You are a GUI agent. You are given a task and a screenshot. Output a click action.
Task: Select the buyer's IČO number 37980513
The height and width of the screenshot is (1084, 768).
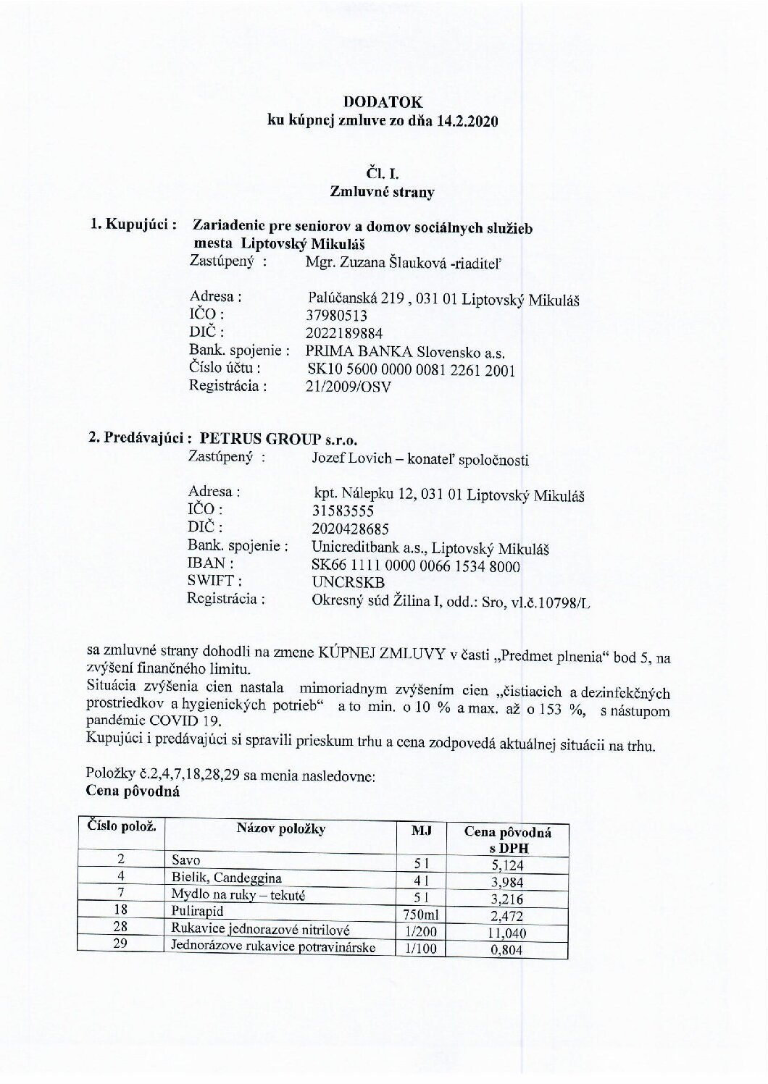click(338, 316)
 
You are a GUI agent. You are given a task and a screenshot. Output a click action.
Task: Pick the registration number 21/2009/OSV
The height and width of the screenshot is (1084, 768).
click(349, 387)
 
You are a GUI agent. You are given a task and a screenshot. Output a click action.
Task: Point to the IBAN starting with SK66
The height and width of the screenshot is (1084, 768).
click(415, 566)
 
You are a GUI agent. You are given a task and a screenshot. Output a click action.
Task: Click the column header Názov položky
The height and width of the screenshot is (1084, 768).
click(280, 830)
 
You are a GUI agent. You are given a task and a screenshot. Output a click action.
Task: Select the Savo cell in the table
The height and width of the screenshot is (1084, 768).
click(185, 860)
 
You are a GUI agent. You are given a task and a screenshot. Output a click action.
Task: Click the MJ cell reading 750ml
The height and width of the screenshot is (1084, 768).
click(420, 916)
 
